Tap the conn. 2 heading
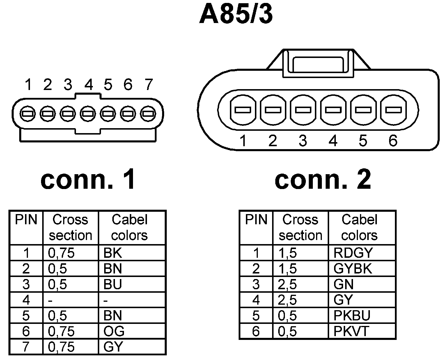pos(323,180)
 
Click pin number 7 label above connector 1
pos(148,84)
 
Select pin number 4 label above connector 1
pos(88,84)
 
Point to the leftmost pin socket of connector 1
pos(28,113)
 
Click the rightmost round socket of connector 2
pos(393,110)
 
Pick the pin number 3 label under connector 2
pos(303,141)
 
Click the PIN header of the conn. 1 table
pos(26,220)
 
